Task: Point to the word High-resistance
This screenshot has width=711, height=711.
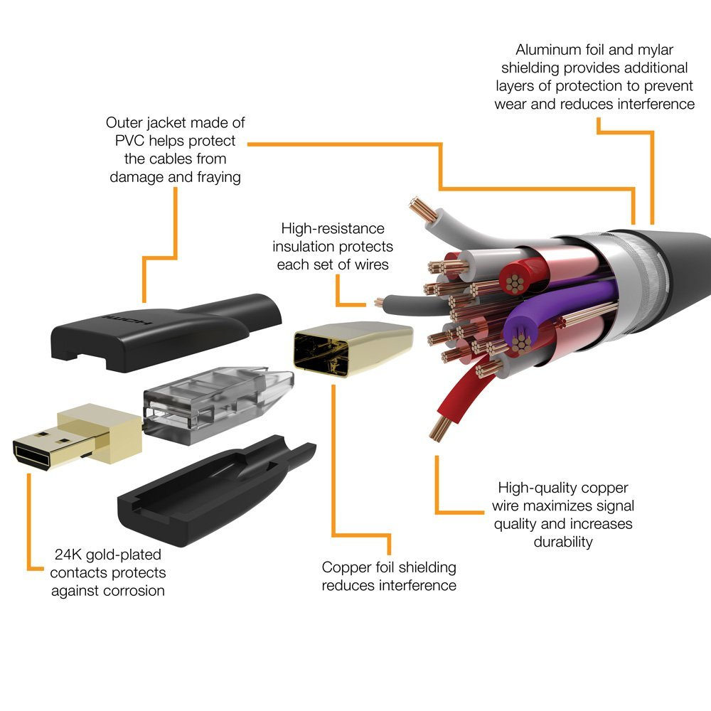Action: (333, 229)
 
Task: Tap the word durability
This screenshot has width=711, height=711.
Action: (563, 542)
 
